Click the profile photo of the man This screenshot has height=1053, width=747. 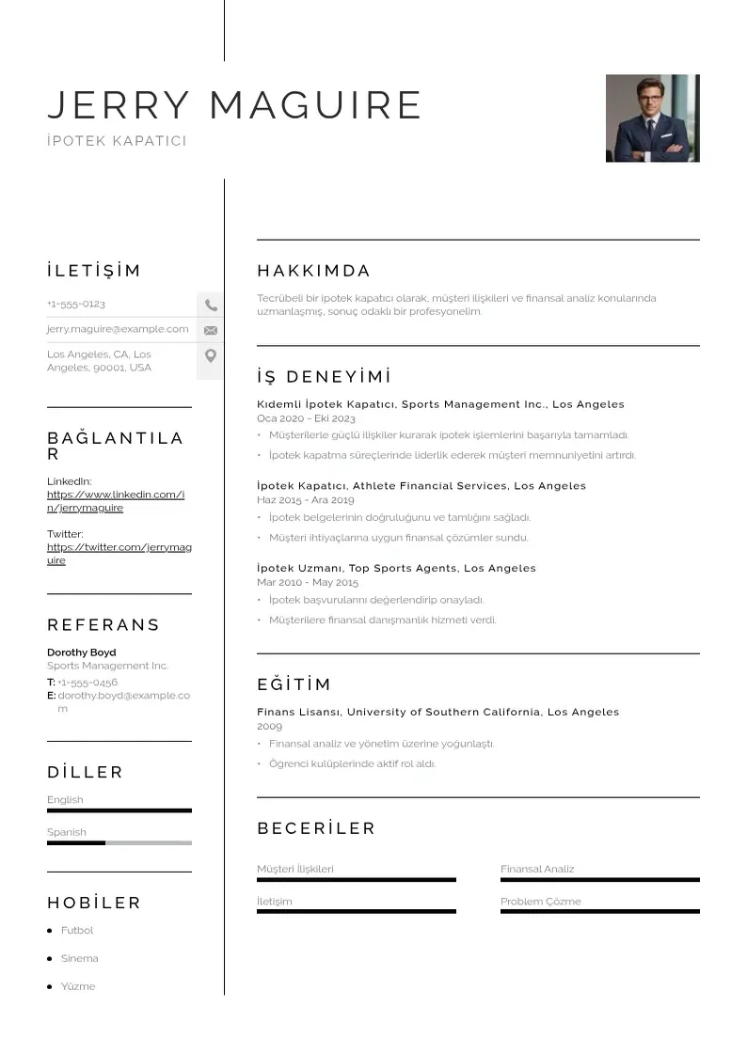coord(652,118)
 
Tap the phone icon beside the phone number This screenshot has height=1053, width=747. coord(211,305)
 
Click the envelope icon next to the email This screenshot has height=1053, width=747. coord(211,330)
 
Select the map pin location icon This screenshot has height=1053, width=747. coord(211,355)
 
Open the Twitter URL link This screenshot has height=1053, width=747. coord(119,554)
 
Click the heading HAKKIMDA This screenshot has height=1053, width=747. coord(313,272)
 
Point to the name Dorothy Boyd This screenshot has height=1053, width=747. coord(82,652)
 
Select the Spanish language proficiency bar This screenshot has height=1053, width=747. coord(119,842)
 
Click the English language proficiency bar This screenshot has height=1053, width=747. coord(119,810)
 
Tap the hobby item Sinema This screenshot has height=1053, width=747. coord(79,959)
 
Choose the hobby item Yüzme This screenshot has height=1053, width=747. coord(78,987)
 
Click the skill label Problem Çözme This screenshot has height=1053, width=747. coord(540,902)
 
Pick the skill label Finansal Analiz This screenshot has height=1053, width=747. coord(536,870)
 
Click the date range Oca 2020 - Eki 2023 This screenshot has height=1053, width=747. coord(306,418)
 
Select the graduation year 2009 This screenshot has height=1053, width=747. coord(269,727)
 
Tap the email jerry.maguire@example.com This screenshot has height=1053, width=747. coord(118,329)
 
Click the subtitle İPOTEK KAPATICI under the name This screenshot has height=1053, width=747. coord(117,141)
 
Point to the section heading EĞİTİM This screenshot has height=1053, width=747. coord(294,684)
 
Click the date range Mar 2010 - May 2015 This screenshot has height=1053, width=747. coord(307,583)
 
